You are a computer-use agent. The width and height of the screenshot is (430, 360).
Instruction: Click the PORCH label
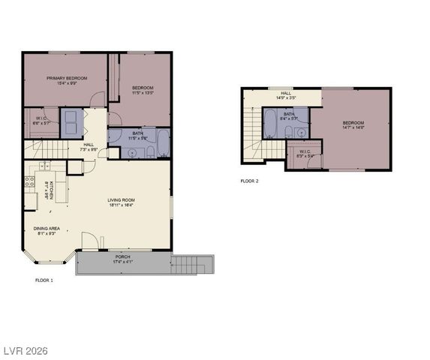pos(122,259)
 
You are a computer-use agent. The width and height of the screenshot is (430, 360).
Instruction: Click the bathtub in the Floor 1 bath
pos(120,136)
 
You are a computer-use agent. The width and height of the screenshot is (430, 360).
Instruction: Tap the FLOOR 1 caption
pos(44,280)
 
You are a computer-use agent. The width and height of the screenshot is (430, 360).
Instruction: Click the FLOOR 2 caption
pos(249,181)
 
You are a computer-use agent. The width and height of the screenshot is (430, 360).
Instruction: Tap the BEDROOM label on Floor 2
pos(353,124)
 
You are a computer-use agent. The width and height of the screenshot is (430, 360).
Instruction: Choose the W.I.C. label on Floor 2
pos(304,153)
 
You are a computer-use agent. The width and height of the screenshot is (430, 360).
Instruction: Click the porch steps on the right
pos(194,264)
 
